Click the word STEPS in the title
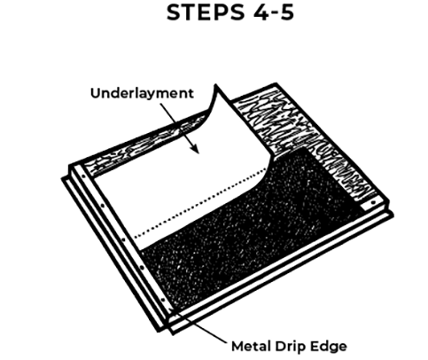click(206, 12)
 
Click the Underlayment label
click(142, 93)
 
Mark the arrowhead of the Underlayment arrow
click(196, 149)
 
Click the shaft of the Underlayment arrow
click(179, 126)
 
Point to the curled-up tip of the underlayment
click(216, 86)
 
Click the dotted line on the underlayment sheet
click(201, 203)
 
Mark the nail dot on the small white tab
click(373, 203)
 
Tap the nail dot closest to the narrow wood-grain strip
click(83, 176)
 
